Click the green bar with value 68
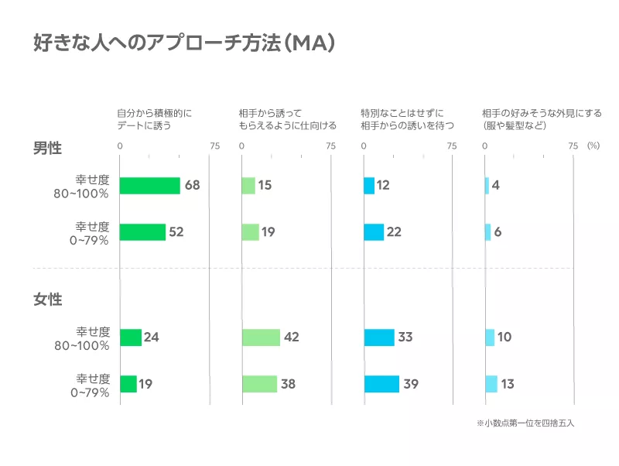[x=149, y=186]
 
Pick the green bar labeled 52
[x=142, y=232]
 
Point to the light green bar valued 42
[x=261, y=338]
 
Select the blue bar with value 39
[x=381, y=384]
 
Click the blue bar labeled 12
[x=369, y=186]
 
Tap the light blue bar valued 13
[x=491, y=384]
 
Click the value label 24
[x=151, y=338]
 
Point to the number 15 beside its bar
[x=265, y=186]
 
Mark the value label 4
[x=495, y=186]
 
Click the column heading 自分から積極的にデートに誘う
[x=154, y=119]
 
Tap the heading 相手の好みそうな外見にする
[x=541, y=119]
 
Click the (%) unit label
[x=593, y=146]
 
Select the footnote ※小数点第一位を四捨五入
[x=525, y=424]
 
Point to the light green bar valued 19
[x=250, y=232]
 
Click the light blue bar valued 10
[x=490, y=338]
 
